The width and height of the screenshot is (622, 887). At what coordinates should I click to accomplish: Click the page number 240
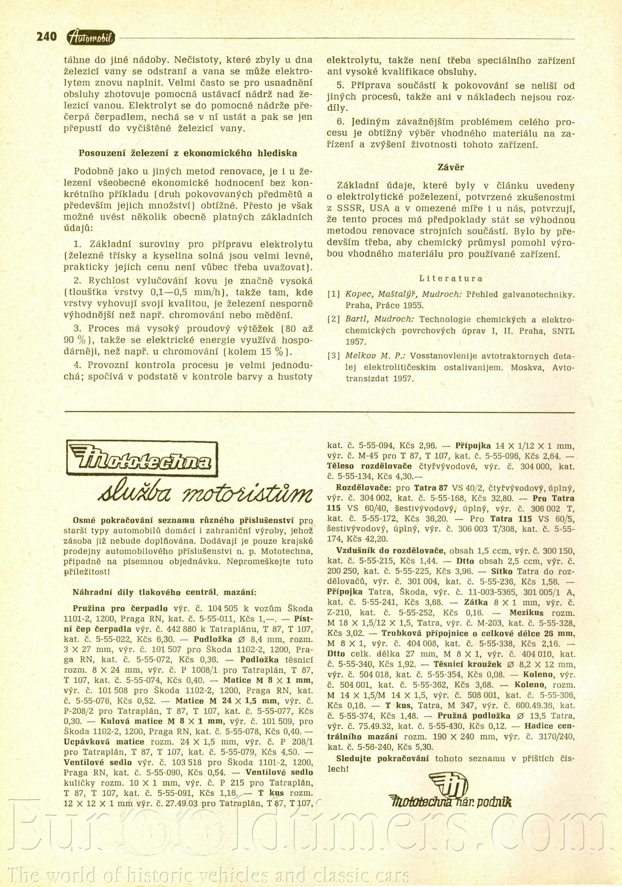[47, 37]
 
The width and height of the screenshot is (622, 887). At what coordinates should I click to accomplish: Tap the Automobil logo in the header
[91, 37]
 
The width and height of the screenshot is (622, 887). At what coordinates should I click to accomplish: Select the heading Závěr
[451, 167]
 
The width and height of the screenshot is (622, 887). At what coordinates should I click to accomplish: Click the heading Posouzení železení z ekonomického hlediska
[188, 153]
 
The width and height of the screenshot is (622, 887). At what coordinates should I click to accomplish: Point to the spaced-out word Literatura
[451, 278]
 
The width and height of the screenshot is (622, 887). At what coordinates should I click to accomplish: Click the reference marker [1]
[334, 294]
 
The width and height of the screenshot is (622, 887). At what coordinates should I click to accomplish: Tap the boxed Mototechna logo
[142, 458]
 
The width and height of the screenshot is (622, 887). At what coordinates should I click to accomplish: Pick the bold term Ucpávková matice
[104, 742]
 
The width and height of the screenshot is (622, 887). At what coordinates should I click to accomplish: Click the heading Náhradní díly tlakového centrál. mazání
[164, 592]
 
